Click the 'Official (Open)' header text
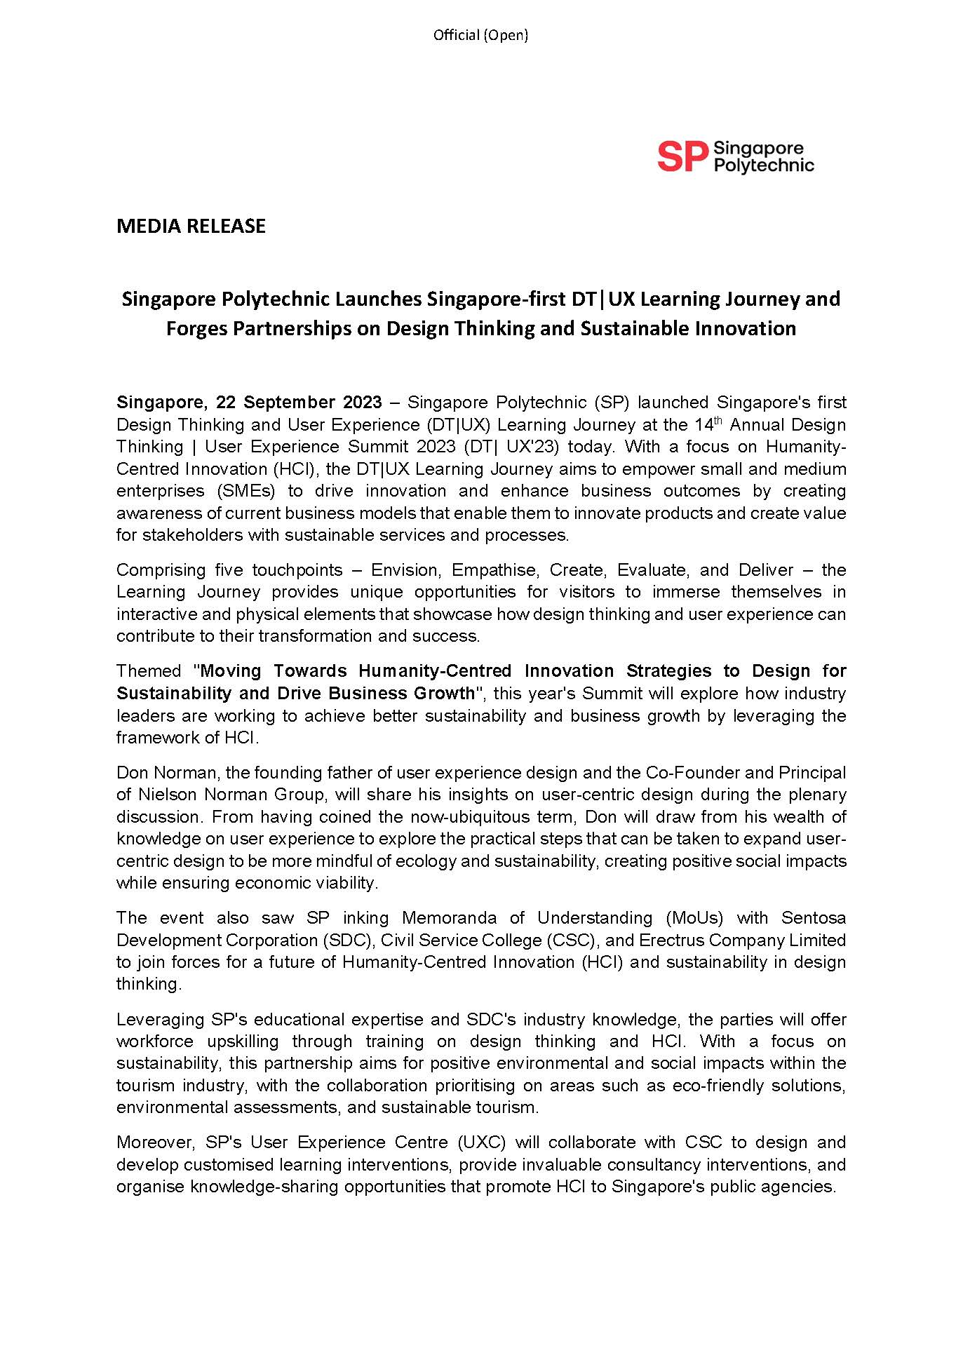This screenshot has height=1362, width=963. click(480, 35)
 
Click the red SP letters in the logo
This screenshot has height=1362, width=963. click(681, 157)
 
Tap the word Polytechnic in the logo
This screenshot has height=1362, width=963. click(764, 166)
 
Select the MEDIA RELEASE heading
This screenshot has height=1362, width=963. click(191, 226)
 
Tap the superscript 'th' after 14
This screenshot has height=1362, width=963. click(718, 420)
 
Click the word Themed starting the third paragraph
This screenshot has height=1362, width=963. click(149, 671)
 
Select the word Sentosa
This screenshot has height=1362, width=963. click(814, 918)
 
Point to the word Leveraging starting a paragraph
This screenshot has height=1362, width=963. click(161, 1019)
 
